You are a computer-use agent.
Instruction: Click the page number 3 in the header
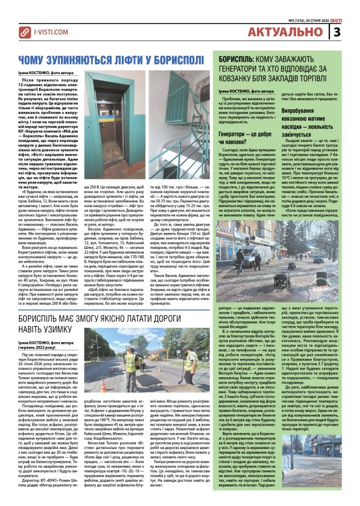[x=352, y=32]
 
